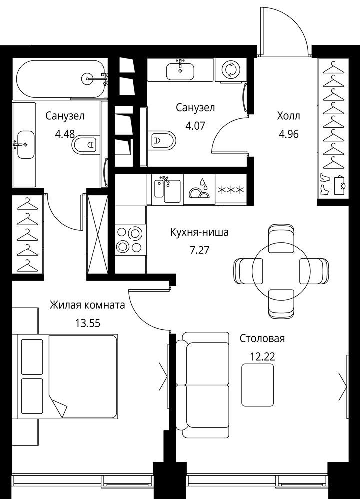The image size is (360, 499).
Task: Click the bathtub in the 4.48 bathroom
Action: point(60,79)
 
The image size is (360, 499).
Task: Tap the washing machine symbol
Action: point(229,69)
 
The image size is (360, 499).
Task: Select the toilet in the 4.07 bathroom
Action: point(163,140)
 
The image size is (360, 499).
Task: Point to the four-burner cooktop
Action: point(130,240)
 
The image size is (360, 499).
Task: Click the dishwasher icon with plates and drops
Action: point(199,190)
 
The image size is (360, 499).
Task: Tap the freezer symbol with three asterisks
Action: point(231,190)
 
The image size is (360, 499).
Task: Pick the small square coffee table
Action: point(258,385)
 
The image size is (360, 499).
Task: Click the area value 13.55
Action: point(87,323)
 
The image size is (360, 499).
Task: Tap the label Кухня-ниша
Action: point(199,232)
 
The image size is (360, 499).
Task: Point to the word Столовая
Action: point(262,338)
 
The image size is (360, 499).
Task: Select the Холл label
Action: point(289,116)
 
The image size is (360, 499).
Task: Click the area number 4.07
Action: point(195,125)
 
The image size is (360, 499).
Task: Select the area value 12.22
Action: point(262,357)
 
